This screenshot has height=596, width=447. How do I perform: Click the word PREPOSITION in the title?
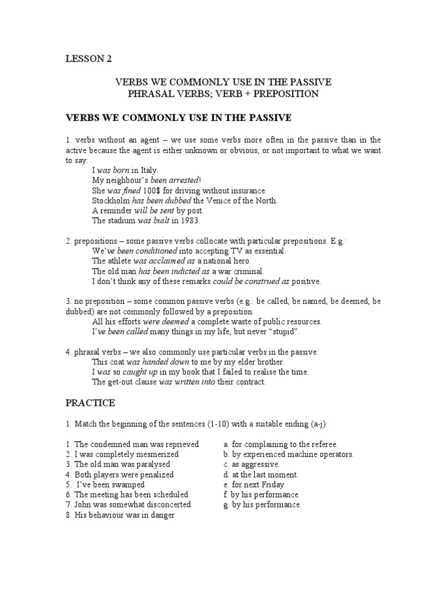(x=283, y=94)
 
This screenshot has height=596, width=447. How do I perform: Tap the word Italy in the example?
(x=148, y=171)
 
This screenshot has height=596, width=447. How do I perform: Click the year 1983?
(x=189, y=220)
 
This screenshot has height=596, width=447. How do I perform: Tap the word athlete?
(x=119, y=261)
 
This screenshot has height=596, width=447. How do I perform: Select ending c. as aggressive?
(x=251, y=464)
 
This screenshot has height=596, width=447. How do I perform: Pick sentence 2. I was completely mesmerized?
(x=122, y=454)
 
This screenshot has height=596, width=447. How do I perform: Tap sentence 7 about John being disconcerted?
(x=128, y=505)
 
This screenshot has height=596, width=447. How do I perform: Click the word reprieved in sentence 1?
(x=180, y=444)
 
